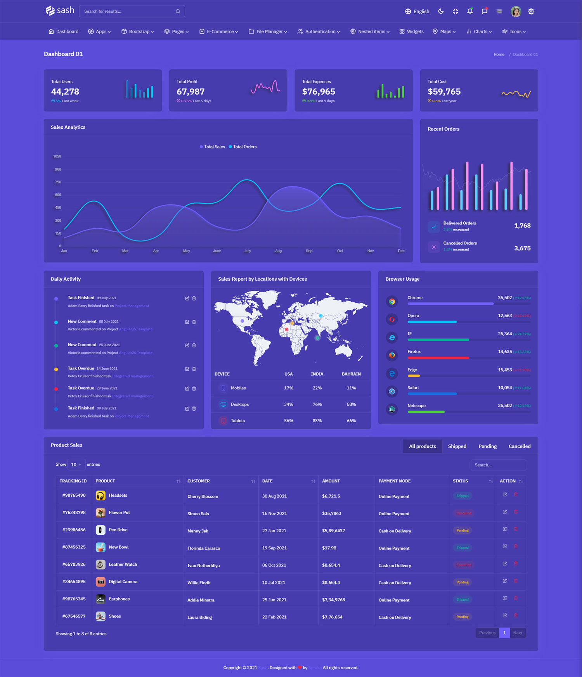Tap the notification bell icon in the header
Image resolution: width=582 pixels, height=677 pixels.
470,11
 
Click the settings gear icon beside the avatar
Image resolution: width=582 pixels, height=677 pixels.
531,12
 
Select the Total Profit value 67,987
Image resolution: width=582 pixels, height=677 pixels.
191,92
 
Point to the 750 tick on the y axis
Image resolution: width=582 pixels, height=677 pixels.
58,182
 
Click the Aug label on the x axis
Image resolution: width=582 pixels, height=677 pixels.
278,251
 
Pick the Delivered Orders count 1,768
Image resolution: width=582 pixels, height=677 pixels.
522,226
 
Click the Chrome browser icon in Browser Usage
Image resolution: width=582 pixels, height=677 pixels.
392,301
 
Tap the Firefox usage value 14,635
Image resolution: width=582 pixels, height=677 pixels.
505,352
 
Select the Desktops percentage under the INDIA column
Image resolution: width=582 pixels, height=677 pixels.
317,404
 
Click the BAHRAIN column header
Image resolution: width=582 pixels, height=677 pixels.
351,374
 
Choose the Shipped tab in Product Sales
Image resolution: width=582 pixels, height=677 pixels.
457,446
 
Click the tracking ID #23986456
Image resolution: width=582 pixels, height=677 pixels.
74,530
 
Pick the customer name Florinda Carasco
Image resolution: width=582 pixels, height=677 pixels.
204,548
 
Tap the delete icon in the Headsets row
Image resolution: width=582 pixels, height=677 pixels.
516,494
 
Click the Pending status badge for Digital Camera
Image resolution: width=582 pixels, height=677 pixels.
462,582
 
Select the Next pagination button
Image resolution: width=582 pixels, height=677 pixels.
518,633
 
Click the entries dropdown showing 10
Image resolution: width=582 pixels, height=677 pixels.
76,465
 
